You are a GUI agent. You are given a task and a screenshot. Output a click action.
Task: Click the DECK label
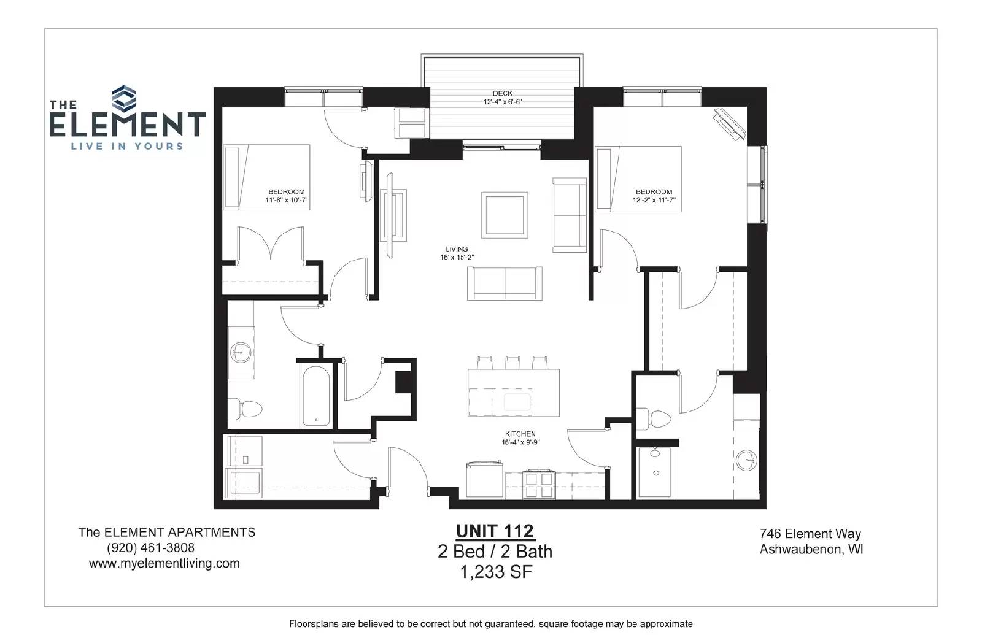(x=503, y=93)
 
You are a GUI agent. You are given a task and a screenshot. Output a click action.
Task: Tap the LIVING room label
(x=457, y=249)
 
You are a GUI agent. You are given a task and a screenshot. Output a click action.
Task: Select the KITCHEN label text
(x=520, y=434)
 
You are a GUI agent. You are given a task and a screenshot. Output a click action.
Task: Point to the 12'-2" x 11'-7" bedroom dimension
(x=654, y=200)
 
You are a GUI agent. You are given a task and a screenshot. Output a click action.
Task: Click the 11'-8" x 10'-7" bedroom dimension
(x=286, y=200)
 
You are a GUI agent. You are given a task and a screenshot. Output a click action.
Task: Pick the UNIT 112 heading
(x=495, y=531)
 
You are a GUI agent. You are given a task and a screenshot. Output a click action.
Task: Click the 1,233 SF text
(x=496, y=572)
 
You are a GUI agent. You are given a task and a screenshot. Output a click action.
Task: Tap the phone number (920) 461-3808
(x=150, y=548)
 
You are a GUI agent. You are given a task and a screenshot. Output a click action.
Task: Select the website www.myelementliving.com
(x=164, y=564)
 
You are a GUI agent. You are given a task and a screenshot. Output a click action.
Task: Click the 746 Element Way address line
(x=811, y=534)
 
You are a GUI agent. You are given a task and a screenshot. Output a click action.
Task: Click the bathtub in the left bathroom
(x=316, y=396)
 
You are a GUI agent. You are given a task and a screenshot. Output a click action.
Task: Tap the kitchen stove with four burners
(x=539, y=484)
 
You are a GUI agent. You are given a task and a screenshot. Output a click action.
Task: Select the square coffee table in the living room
(x=505, y=215)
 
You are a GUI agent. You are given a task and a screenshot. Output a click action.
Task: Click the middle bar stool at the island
(x=512, y=363)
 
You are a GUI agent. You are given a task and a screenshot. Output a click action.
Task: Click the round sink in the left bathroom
(x=240, y=352)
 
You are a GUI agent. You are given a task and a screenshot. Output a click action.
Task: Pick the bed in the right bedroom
(x=638, y=179)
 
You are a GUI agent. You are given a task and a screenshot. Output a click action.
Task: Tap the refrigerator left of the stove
(x=484, y=480)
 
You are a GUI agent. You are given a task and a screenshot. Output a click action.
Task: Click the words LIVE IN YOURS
(x=127, y=147)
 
